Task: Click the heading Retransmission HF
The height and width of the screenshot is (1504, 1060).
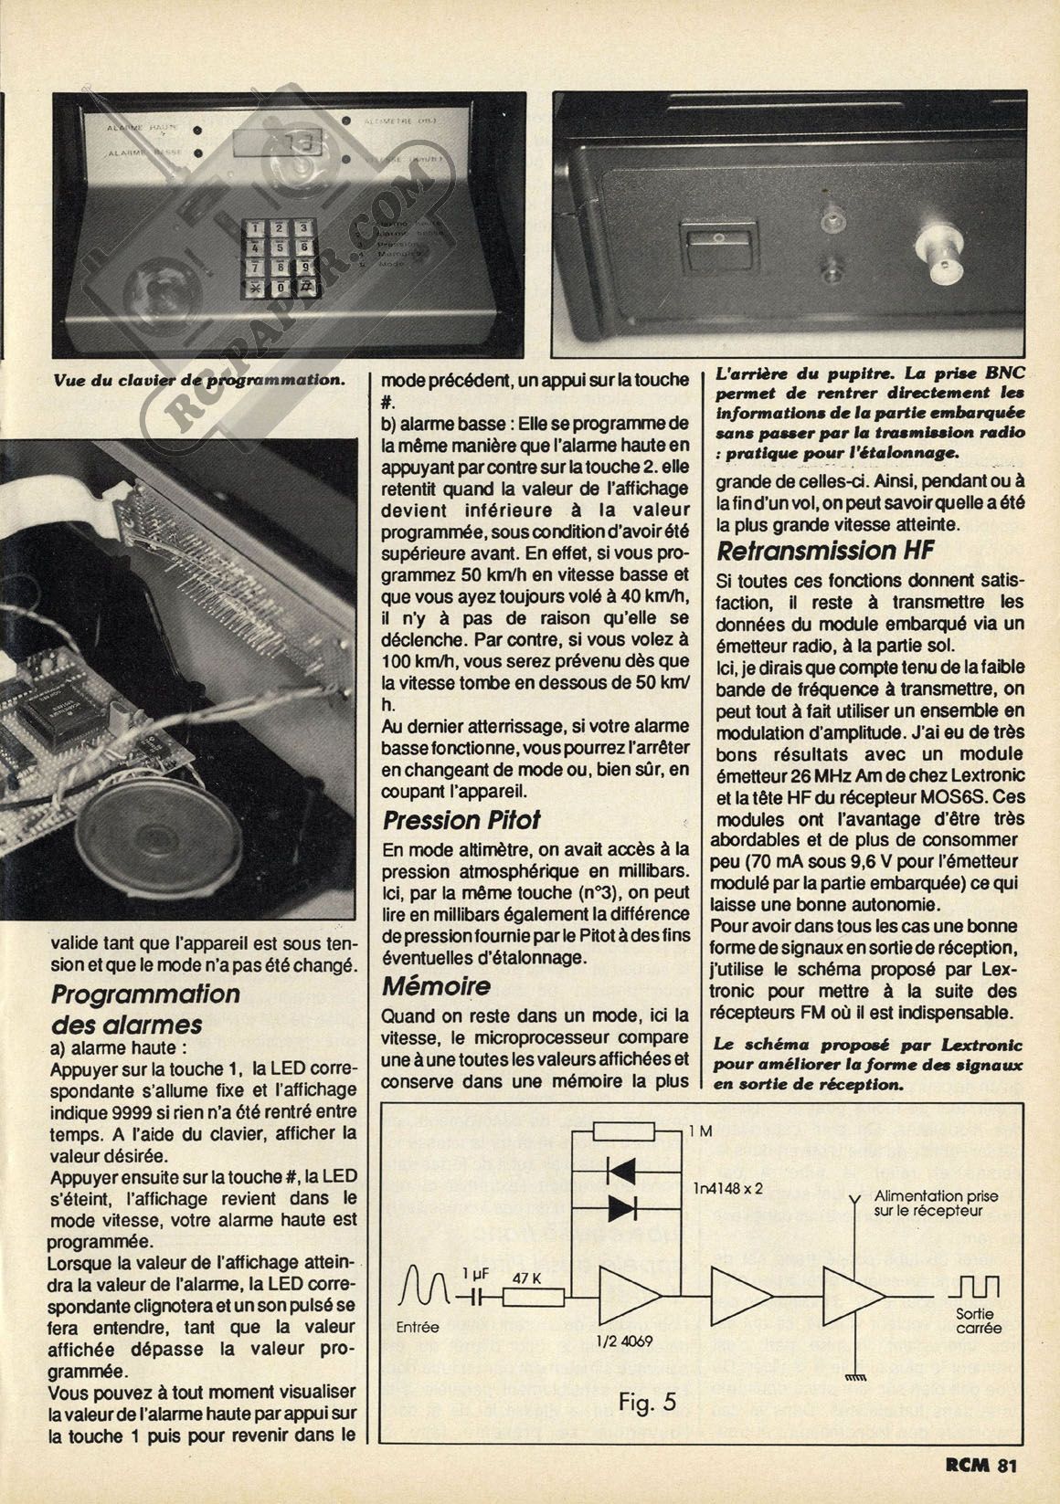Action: click(x=825, y=551)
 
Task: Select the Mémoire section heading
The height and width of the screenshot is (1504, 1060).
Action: click(x=436, y=986)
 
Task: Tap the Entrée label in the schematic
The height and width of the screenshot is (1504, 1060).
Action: click(x=419, y=1327)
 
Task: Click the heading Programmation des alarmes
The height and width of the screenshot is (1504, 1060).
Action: click(x=145, y=1009)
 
